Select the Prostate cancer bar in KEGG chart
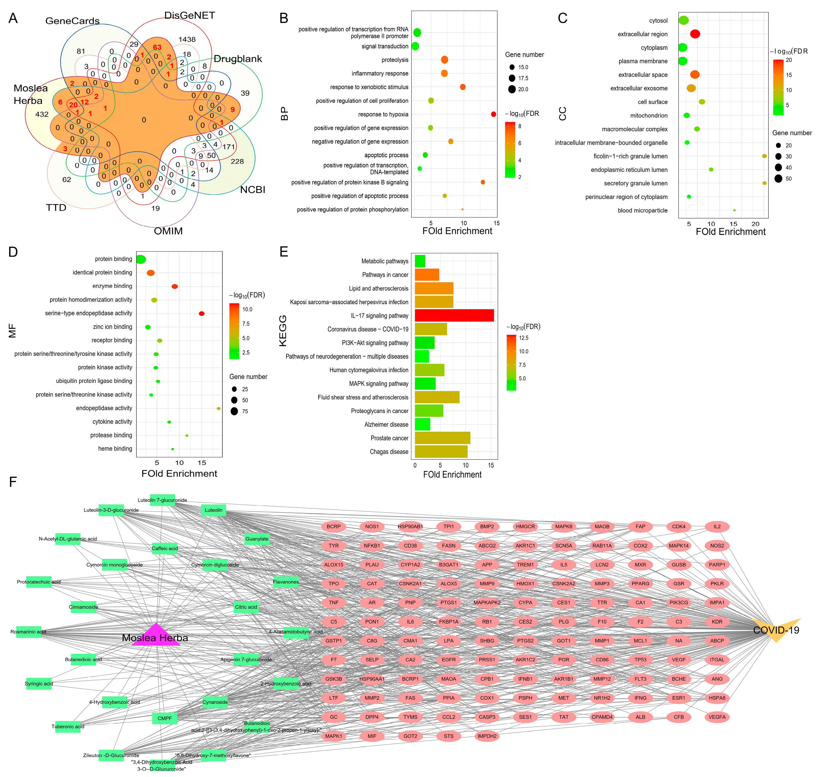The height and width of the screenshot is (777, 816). point(442,438)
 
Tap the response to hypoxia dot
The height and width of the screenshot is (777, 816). point(493,114)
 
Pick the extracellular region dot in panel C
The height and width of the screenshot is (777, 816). point(695,34)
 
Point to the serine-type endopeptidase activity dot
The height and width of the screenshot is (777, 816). point(201,313)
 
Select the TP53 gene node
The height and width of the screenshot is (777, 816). point(640,660)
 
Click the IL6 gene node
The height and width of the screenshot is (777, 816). point(410,622)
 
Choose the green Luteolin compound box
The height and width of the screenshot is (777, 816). point(213,510)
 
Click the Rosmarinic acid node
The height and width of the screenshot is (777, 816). point(29,632)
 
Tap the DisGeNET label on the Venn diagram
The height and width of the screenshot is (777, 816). point(189,15)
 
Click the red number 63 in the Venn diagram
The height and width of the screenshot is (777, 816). point(157,47)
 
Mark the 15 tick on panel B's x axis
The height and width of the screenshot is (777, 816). point(496,223)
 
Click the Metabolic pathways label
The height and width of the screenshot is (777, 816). point(385,261)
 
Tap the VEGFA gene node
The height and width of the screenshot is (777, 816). point(717,717)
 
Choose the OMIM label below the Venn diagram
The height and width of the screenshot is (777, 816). point(168,231)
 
